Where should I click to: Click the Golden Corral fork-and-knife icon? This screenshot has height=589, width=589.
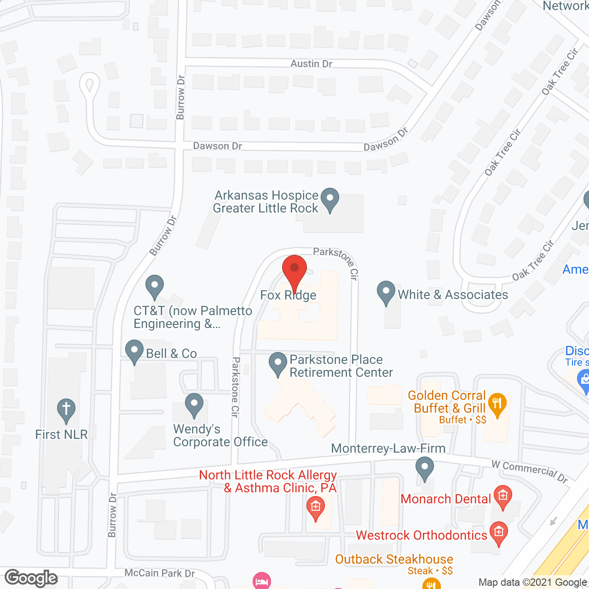tap(497, 404)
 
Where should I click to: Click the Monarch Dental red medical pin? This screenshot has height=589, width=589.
tap(502, 497)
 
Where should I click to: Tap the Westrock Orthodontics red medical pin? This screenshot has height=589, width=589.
tap(498, 533)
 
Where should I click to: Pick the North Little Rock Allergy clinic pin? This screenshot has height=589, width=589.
tap(315, 508)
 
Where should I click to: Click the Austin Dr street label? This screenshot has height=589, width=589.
tap(311, 64)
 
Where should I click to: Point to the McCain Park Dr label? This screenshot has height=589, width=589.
tap(160, 573)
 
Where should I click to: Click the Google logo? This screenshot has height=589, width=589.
tap(31, 578)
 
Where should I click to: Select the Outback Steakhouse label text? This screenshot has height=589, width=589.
tap(394, 559)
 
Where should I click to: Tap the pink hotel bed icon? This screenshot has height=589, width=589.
tap(261, 580)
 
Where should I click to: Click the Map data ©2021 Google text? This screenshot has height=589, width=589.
tap(532, 582)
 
